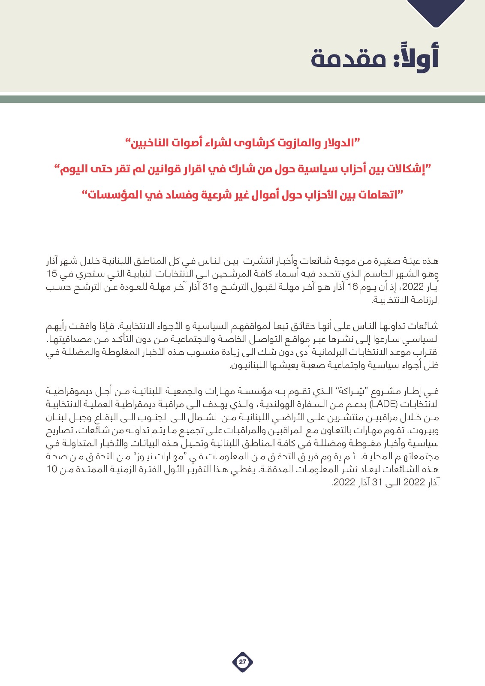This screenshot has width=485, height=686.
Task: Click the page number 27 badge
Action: [x=242, y=662]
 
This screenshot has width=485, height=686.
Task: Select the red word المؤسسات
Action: [x=114, y=195]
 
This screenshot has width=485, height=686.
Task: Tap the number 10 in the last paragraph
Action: [x=52, y=469]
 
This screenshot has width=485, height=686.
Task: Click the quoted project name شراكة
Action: [x=356, y=391]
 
